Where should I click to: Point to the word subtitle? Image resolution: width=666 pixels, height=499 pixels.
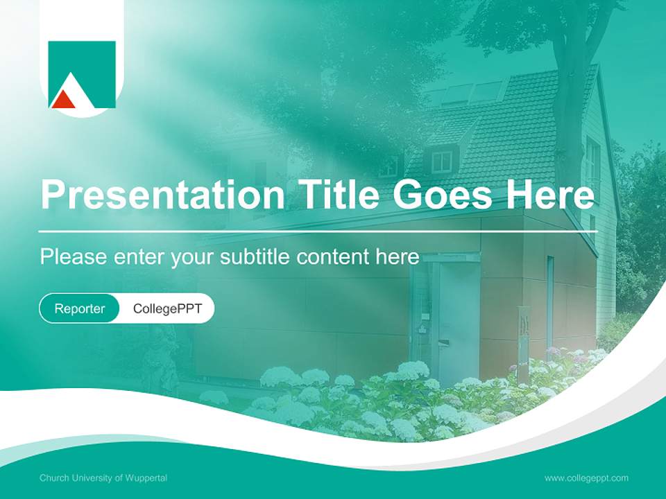256,257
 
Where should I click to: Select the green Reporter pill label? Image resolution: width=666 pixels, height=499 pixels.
80,308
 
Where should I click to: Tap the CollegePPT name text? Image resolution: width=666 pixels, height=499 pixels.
167,308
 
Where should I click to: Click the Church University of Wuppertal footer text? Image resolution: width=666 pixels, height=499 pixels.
103,478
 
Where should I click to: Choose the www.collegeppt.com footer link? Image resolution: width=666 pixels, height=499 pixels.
586,478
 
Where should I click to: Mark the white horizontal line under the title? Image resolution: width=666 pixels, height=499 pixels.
318,231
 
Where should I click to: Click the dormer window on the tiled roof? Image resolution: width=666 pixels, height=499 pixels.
441,161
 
